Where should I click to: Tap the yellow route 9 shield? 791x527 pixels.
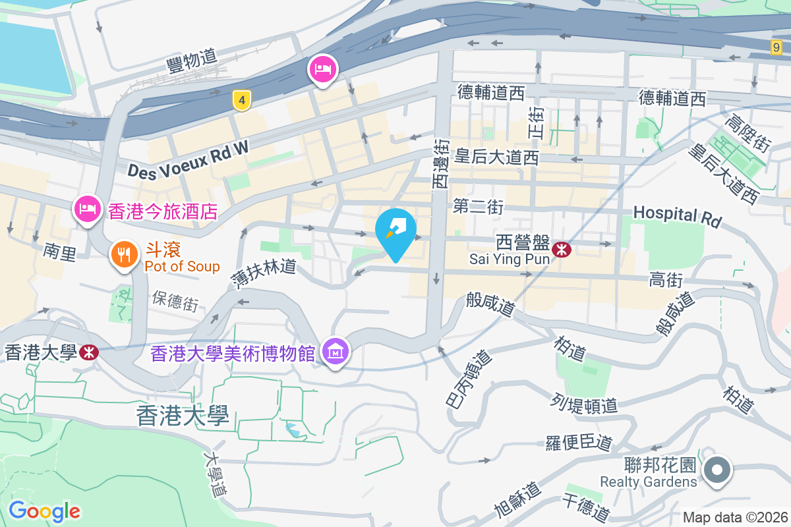[x=776, y=47]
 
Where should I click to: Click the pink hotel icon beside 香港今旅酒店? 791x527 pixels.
[x=87, y=210]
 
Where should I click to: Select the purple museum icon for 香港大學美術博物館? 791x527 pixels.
[x=336, y=352]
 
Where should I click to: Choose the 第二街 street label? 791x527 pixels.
[x=478, y=208]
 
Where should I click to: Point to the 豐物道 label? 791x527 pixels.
[x=192, y=61]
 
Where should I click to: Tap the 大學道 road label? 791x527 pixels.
[x=215, y=474]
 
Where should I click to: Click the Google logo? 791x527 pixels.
[x=44, y=511]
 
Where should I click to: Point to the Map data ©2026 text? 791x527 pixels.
[x=735, y=517]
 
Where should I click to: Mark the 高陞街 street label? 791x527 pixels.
[x=747, y=132]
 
